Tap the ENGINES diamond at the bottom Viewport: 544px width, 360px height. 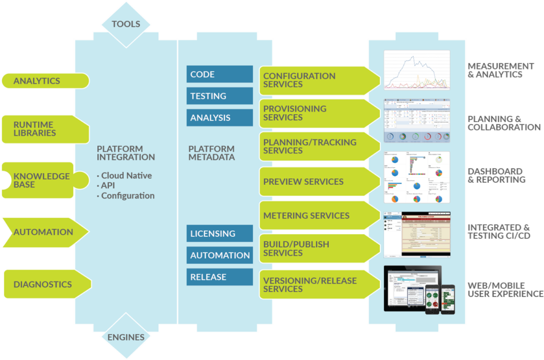125,337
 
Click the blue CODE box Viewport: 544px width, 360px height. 219,74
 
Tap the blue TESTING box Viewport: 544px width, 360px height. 219,96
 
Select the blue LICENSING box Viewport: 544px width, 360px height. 219,234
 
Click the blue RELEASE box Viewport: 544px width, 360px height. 219,277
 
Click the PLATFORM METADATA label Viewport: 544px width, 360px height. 211,153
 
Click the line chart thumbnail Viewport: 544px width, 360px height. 417,70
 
